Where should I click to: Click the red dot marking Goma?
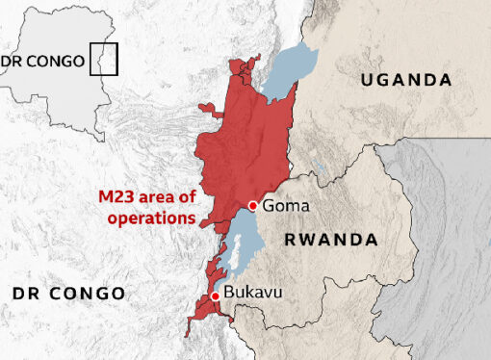coord(252,205)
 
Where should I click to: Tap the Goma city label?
coord(283,205)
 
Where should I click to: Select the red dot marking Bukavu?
coord(215,296)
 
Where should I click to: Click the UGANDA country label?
coord(405,79)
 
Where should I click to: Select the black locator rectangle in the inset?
coord(104,60)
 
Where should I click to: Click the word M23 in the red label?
coord(116,198)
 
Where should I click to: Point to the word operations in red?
coord(147,218)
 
